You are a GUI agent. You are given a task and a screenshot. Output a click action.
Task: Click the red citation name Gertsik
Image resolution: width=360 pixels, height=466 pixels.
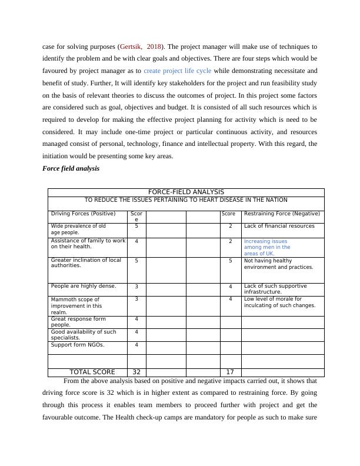pyautogui.click(x=132, y=46)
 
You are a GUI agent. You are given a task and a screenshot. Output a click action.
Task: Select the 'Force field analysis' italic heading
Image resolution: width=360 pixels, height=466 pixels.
pyautogui.click(x=71, y=168)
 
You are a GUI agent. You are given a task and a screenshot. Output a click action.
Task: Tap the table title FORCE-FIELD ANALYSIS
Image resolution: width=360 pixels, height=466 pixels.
pyautogui.click(x=186, y=192)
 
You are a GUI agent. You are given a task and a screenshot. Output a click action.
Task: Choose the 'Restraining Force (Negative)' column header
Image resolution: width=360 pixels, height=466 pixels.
pyautogui.click(x=282, y=214)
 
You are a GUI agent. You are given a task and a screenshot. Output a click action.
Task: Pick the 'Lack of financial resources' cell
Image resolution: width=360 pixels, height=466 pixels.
pyautogui.click(x=279, y=226)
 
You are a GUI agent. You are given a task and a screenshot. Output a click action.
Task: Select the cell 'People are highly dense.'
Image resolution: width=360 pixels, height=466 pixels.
pyautogui.click(x=84, y=286)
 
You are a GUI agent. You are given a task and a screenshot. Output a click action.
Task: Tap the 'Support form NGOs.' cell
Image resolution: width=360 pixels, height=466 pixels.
pyautogui.click(x=78, y=345)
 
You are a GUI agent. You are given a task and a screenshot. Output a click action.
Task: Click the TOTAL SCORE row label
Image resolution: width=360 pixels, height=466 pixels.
pyautogui.click(x=92, y=372)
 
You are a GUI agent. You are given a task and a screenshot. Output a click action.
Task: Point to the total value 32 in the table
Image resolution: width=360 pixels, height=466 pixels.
pyautogui.click(x=136, y=372)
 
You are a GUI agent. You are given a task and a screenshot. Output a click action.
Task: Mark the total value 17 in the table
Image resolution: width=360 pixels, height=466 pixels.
pyautogui.click(x=231, y=372)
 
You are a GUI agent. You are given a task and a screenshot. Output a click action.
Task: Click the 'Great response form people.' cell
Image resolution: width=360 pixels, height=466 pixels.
pyautogui.click(x=78, y=321)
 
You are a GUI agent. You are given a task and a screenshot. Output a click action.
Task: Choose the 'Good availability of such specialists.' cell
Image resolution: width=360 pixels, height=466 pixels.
pyautogui.click(x=84, y=335)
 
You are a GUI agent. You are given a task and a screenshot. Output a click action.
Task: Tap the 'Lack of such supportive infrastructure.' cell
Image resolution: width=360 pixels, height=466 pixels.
pyautogui.click(x=276, y=288)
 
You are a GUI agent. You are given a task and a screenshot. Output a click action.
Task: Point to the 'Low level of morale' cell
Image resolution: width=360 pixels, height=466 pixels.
pyautogui.click(x=279, y=302)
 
